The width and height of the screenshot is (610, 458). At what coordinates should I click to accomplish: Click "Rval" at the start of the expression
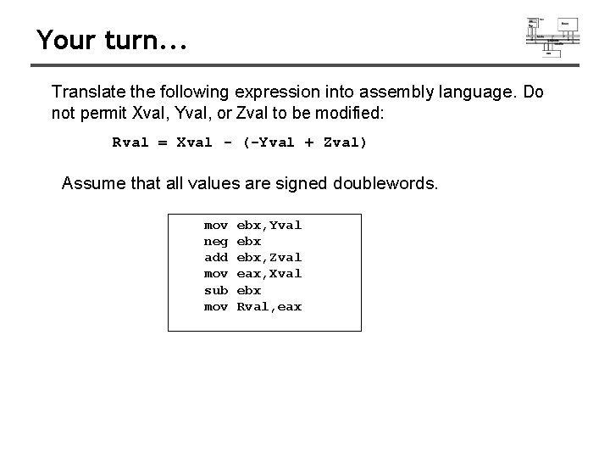(130, 142)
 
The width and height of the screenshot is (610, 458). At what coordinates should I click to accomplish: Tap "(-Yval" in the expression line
(268, 142)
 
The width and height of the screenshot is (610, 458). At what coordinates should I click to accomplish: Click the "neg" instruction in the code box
(216, 241)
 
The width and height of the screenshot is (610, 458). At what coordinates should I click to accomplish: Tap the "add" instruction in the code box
(216, 257)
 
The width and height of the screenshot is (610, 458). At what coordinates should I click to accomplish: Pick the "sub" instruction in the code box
(216, 290)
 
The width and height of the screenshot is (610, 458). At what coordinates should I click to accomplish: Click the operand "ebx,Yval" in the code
(269, 225)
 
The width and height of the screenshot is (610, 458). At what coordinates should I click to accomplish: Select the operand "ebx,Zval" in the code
(269, 257)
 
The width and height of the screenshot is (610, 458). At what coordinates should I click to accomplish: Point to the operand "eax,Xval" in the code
(269, 273)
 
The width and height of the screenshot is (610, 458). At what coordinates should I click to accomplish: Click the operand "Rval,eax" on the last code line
(269, 306)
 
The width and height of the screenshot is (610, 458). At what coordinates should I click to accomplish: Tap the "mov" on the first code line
(216, 225)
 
